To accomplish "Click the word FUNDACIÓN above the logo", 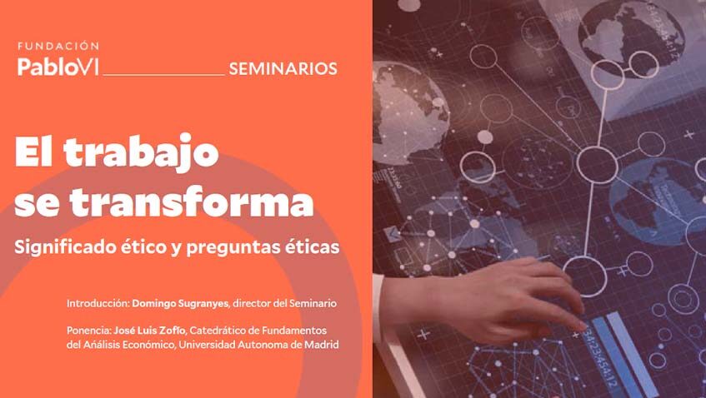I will pyautogui.click(x=58, y=47).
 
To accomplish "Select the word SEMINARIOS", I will pyautogui.click(x=283, y=68).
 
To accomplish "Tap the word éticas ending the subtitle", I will pyautogui.click(x=313, y=247).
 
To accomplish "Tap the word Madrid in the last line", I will pyautogui.click(x=320, y=345).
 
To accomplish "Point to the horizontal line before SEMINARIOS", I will pyautogui.click(x=163, y=74).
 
